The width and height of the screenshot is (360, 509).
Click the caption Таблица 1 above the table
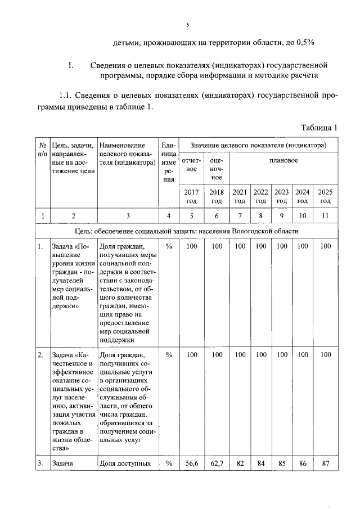coord(319,128)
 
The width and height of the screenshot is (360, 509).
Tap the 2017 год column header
coord(191,196)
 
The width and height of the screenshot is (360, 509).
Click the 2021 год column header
coord(240,196)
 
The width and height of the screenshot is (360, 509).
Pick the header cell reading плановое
coord(283,161)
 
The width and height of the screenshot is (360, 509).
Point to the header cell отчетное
coord(191,165)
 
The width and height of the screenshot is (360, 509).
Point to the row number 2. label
coord(41,355)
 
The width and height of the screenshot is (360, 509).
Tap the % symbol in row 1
coord(168,246)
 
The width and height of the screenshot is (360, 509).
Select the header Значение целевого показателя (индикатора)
coord(258,146)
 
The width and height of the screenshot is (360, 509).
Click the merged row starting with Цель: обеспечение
coord(186,231)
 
